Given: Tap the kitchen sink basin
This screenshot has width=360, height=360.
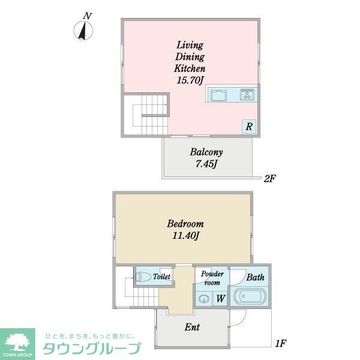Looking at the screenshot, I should [x=218, y=95].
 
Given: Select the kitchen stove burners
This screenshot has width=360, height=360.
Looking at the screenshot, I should [x=247, y=95].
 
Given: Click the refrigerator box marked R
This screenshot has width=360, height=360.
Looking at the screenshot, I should [x=248, y=127].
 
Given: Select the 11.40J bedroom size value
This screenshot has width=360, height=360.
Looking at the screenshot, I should [x=184, y=236].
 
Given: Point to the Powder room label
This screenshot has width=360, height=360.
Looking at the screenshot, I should [x=212, y=278].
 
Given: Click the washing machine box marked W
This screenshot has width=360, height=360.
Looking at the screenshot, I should [x=220, y=298].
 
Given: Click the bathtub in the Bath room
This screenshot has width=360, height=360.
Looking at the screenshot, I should [x=249, y=298].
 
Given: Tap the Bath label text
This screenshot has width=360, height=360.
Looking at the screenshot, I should [x=255, y=277].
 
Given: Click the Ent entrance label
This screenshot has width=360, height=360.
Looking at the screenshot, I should [x=191, y=328].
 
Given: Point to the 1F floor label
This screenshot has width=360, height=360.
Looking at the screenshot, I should [x=279, y=344].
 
